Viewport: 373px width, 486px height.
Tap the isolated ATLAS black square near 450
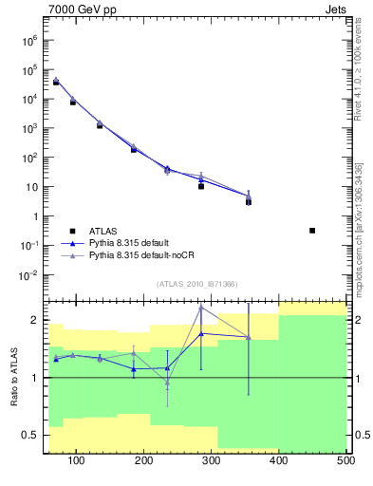[312, 231]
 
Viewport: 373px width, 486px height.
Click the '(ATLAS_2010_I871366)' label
[196, 284]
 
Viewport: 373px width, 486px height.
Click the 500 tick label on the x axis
[345, 461]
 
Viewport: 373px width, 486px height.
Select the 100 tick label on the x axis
[77, 461]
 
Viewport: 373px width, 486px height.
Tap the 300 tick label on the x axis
[212, 461]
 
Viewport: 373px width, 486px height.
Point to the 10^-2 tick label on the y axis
[28, 275]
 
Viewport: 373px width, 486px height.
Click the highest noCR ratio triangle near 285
[201, 308]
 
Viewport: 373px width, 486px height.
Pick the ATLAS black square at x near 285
[201, 186]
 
